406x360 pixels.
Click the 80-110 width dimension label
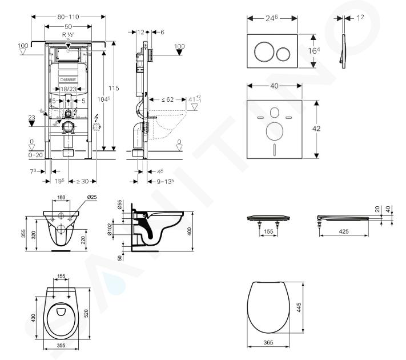pos(67,17)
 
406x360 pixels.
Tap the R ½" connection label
pos(68,35)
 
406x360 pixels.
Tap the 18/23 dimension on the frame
pos(68,89)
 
